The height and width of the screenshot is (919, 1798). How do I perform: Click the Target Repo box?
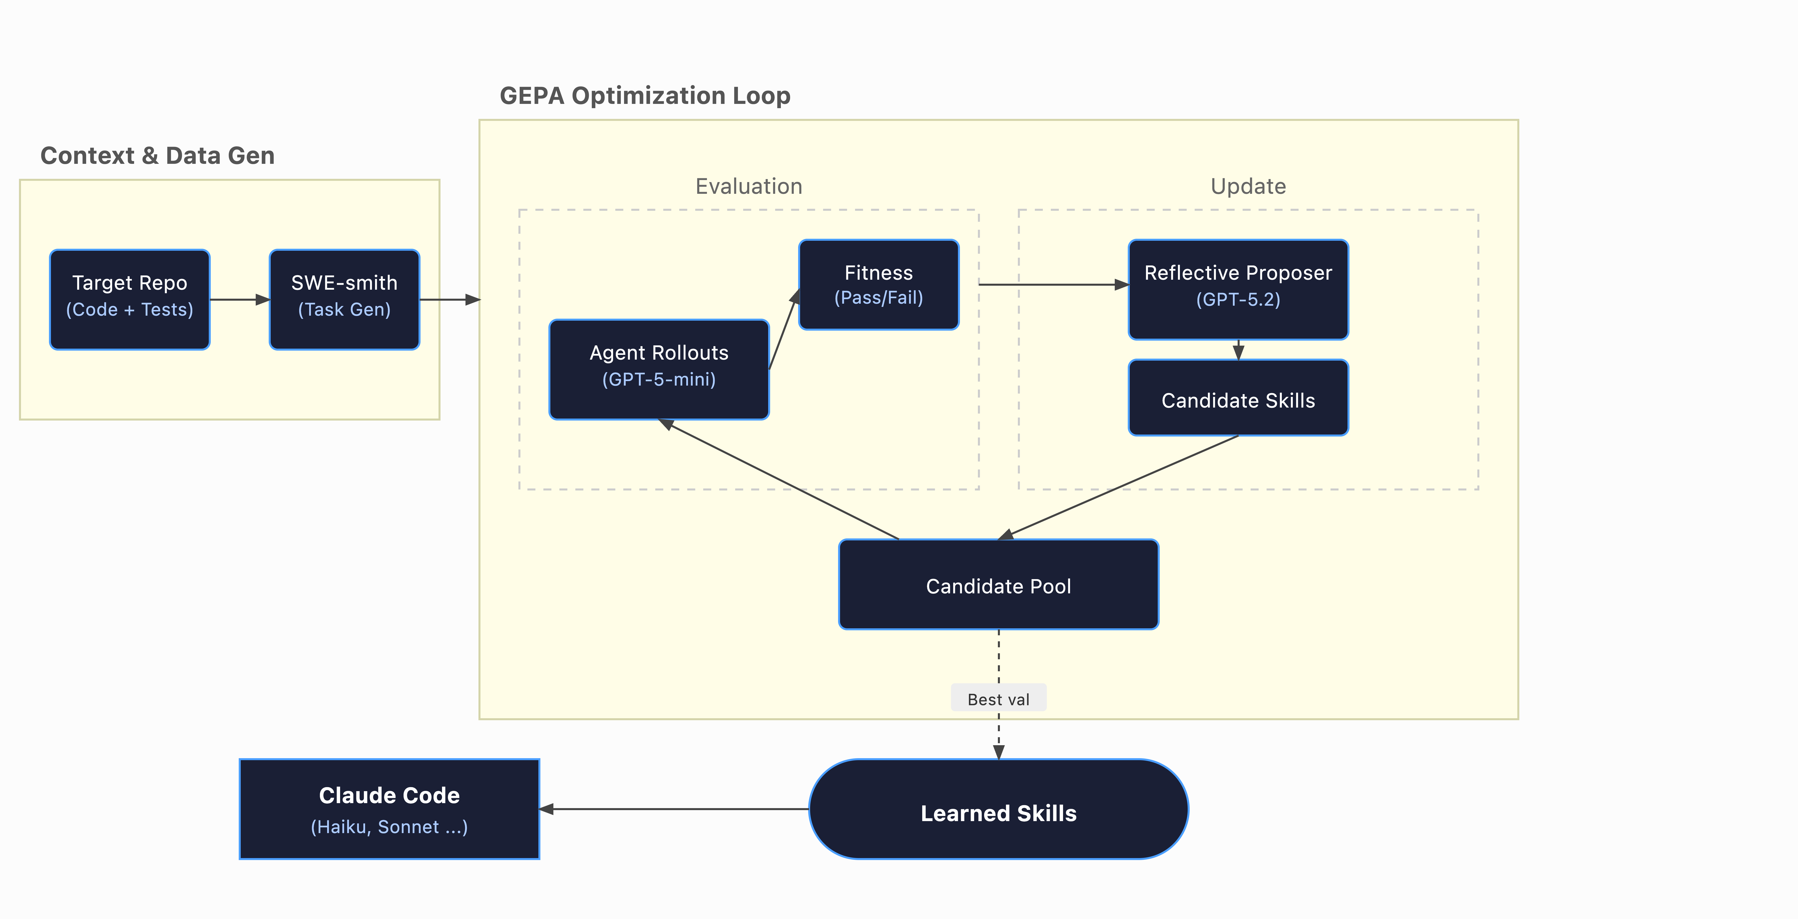(x=130, y=299)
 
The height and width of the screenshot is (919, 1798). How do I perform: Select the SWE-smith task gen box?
(x=344, y=299)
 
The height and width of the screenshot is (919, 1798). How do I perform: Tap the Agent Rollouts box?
(x=659, y=369)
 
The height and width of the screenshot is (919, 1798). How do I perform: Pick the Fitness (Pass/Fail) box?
(x=878, y=285)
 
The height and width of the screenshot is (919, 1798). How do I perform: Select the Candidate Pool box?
(x=998, y=585)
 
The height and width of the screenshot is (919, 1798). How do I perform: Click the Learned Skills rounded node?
(x=998, y=809)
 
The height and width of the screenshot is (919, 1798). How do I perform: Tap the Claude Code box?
(x=390, y=809)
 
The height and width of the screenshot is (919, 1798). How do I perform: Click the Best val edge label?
(x=998, y=699)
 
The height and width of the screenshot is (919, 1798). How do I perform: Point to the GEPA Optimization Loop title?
(x=645, y=96)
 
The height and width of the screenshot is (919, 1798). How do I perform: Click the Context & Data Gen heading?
(x=158, y=156)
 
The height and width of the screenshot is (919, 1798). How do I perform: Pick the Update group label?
(x=1248, y=186)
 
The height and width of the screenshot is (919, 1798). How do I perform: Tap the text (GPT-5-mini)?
(x=659, y=380)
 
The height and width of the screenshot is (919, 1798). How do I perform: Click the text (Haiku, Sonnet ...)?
(x=390, y=827)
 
